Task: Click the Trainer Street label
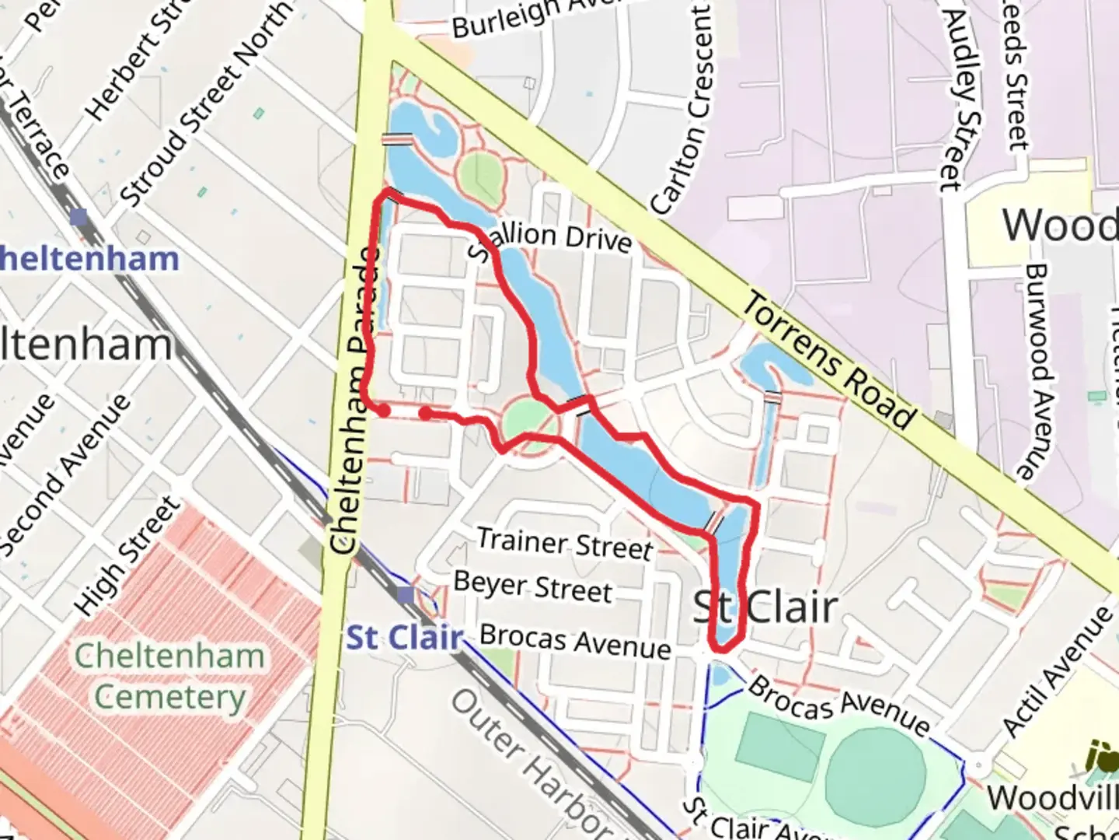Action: tap(565, 543)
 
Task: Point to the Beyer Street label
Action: tap(533, 586)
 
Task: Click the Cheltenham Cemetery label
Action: tap(170, 676)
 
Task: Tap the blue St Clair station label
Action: tap(404, 638)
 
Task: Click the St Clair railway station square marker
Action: tap(405, 595)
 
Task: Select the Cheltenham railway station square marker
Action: tap(78, 215)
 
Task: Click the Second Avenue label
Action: tap(65, 475)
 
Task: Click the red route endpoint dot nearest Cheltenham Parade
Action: tap(383, 410)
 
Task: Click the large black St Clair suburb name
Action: tap(765, 607)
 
